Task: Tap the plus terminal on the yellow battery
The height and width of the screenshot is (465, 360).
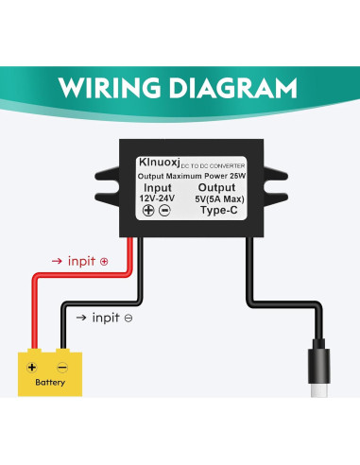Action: (x=32, y=367)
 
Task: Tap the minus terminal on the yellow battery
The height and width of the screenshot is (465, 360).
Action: (x=62, y=367)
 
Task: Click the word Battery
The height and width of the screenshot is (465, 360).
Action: (x=49, y=383)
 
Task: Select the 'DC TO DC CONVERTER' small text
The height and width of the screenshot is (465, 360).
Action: (x=217, y=164)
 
